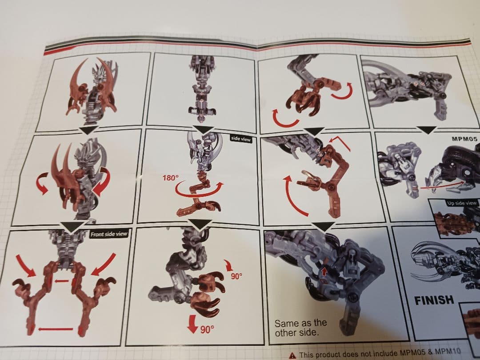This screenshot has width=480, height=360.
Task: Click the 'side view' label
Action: coord(241,139)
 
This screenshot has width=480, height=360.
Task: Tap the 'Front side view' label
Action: coord(109,234)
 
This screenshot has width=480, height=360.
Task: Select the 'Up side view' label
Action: coord(462,203)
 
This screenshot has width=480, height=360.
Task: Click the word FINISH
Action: coord(434,300)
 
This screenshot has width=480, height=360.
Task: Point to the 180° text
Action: coord(170,178)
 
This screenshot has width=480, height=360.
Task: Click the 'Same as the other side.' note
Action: coord(300,328)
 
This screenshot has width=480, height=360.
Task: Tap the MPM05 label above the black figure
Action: coord(464,139)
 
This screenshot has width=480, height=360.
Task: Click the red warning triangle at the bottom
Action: coord(292,355)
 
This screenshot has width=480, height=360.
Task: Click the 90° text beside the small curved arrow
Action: coord(236,276)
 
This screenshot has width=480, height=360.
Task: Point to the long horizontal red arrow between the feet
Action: coord(56,329)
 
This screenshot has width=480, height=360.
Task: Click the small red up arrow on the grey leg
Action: coord(324,271)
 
